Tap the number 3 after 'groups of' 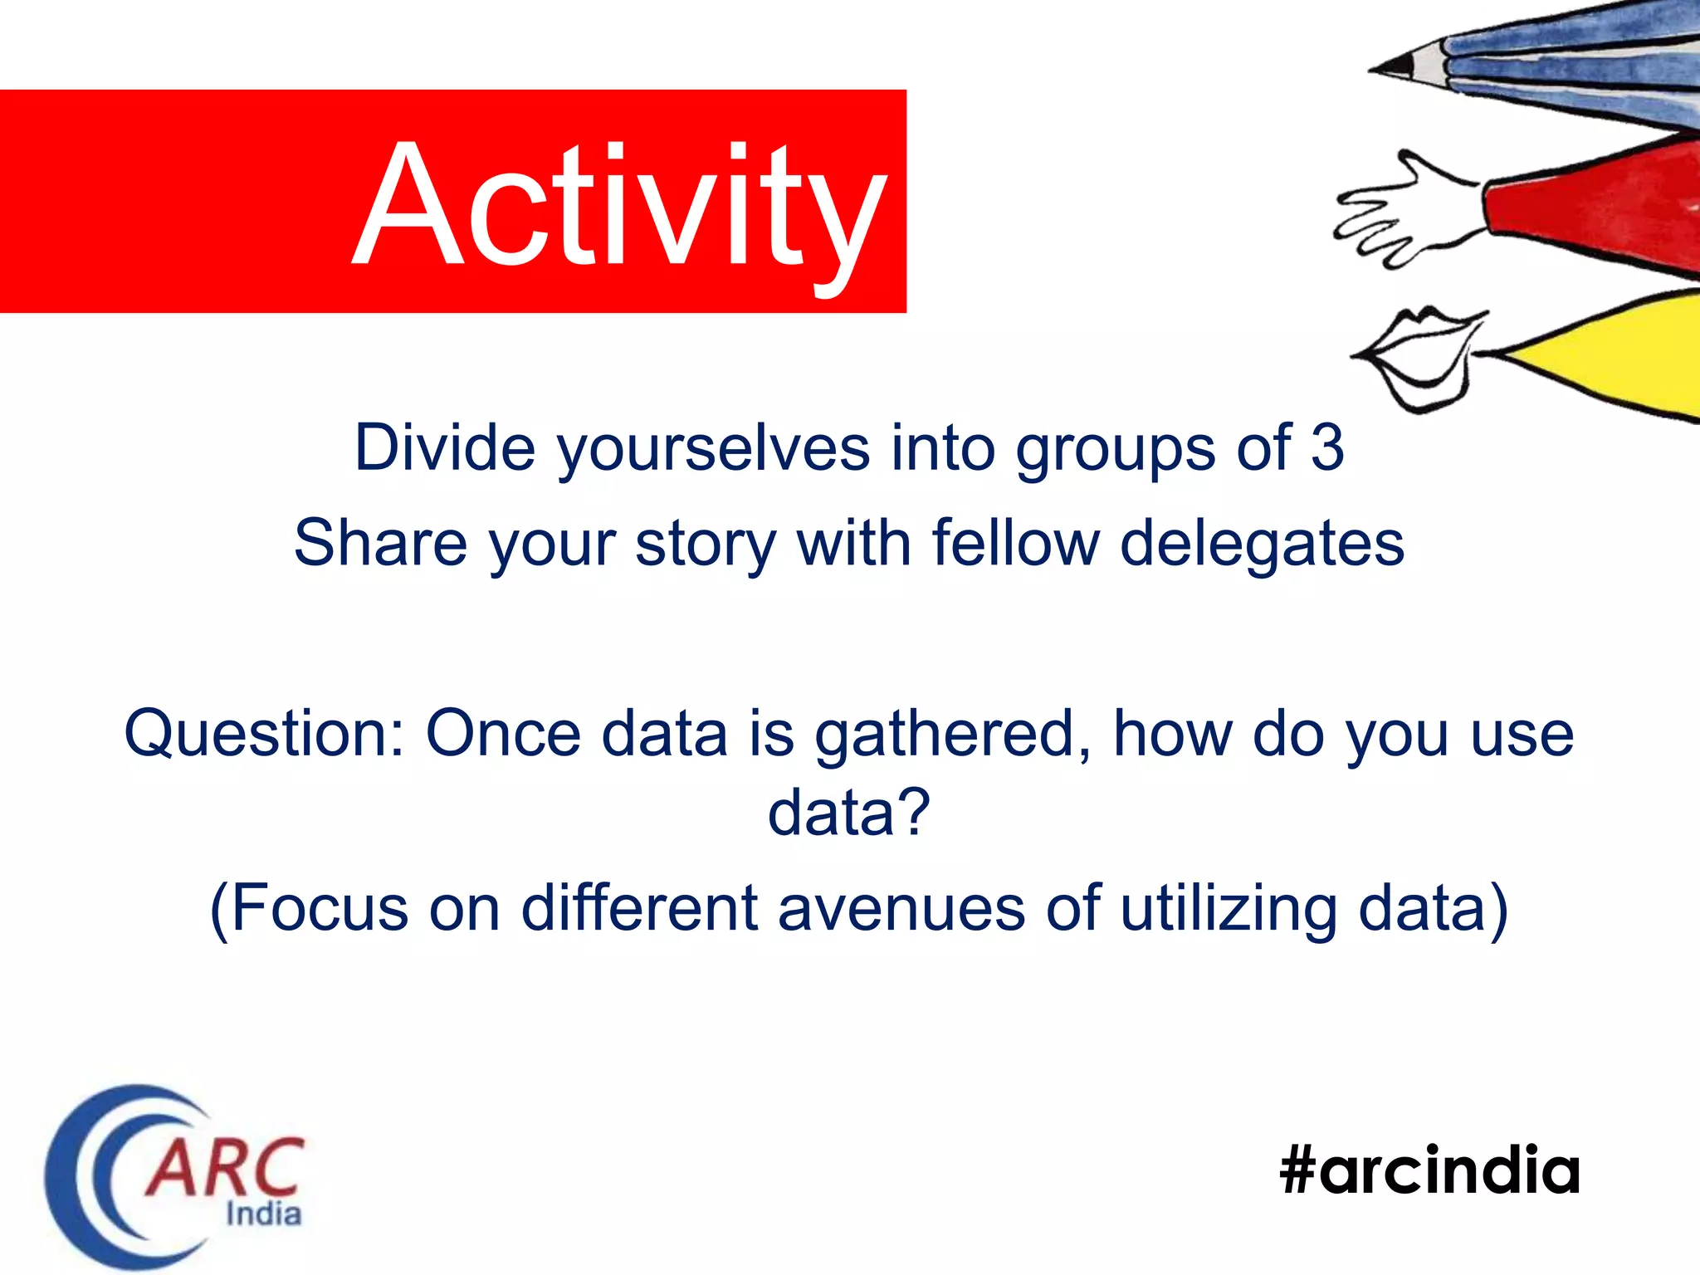coord(1326,447)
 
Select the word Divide coord(445,447)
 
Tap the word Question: coord(265,734)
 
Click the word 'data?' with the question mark coord(848,813)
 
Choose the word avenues coord(901,908)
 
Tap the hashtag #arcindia coord(1429,1170)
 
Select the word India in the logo coord(263,1214)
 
